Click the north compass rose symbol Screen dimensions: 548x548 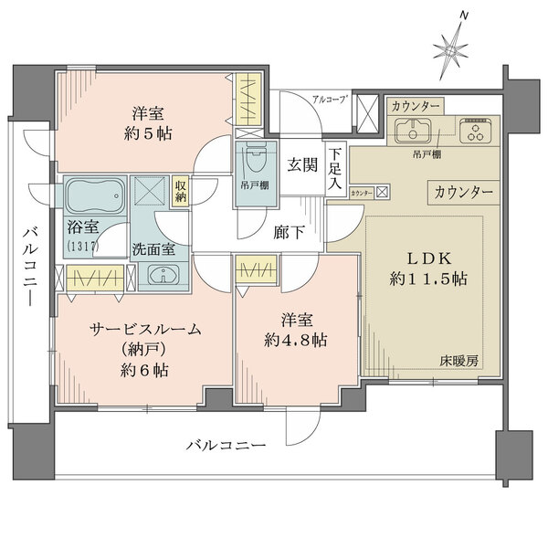(452, 45)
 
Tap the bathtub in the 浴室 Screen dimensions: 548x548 (95, 195)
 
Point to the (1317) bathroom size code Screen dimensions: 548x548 (82, 246)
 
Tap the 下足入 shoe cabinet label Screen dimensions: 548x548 (336, 169)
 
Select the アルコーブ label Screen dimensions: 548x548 (327, 100)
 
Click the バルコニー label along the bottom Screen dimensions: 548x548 (226, 447)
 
